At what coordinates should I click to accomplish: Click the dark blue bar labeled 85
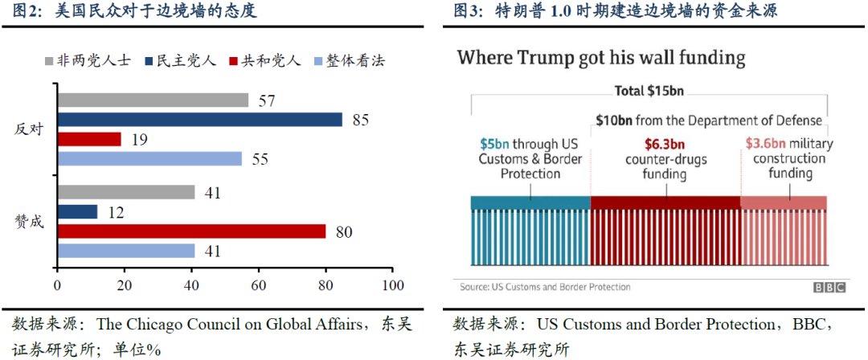click(x=199, y=120)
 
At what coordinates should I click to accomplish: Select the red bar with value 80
click(x=191, y=231)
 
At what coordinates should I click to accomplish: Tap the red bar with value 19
click(x=88, y=139)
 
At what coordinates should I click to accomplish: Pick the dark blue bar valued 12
click(x=77, y=212)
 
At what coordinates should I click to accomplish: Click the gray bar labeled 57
click(x=153, y=100)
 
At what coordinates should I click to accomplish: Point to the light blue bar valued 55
click(x=149, y=158)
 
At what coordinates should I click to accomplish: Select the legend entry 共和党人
click(x=264, y=61)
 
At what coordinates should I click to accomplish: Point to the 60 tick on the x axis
click(x=258, y=286)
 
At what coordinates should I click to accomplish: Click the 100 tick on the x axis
click(x=392, y=286)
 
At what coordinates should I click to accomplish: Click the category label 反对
click(x=30, y=129)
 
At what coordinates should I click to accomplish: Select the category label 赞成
click(x=30, y=222)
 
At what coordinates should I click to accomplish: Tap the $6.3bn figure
click(x=665, y=145)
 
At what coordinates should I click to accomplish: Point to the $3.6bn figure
click(x=764, y=145)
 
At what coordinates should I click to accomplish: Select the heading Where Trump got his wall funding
click(x=601, y=58)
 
